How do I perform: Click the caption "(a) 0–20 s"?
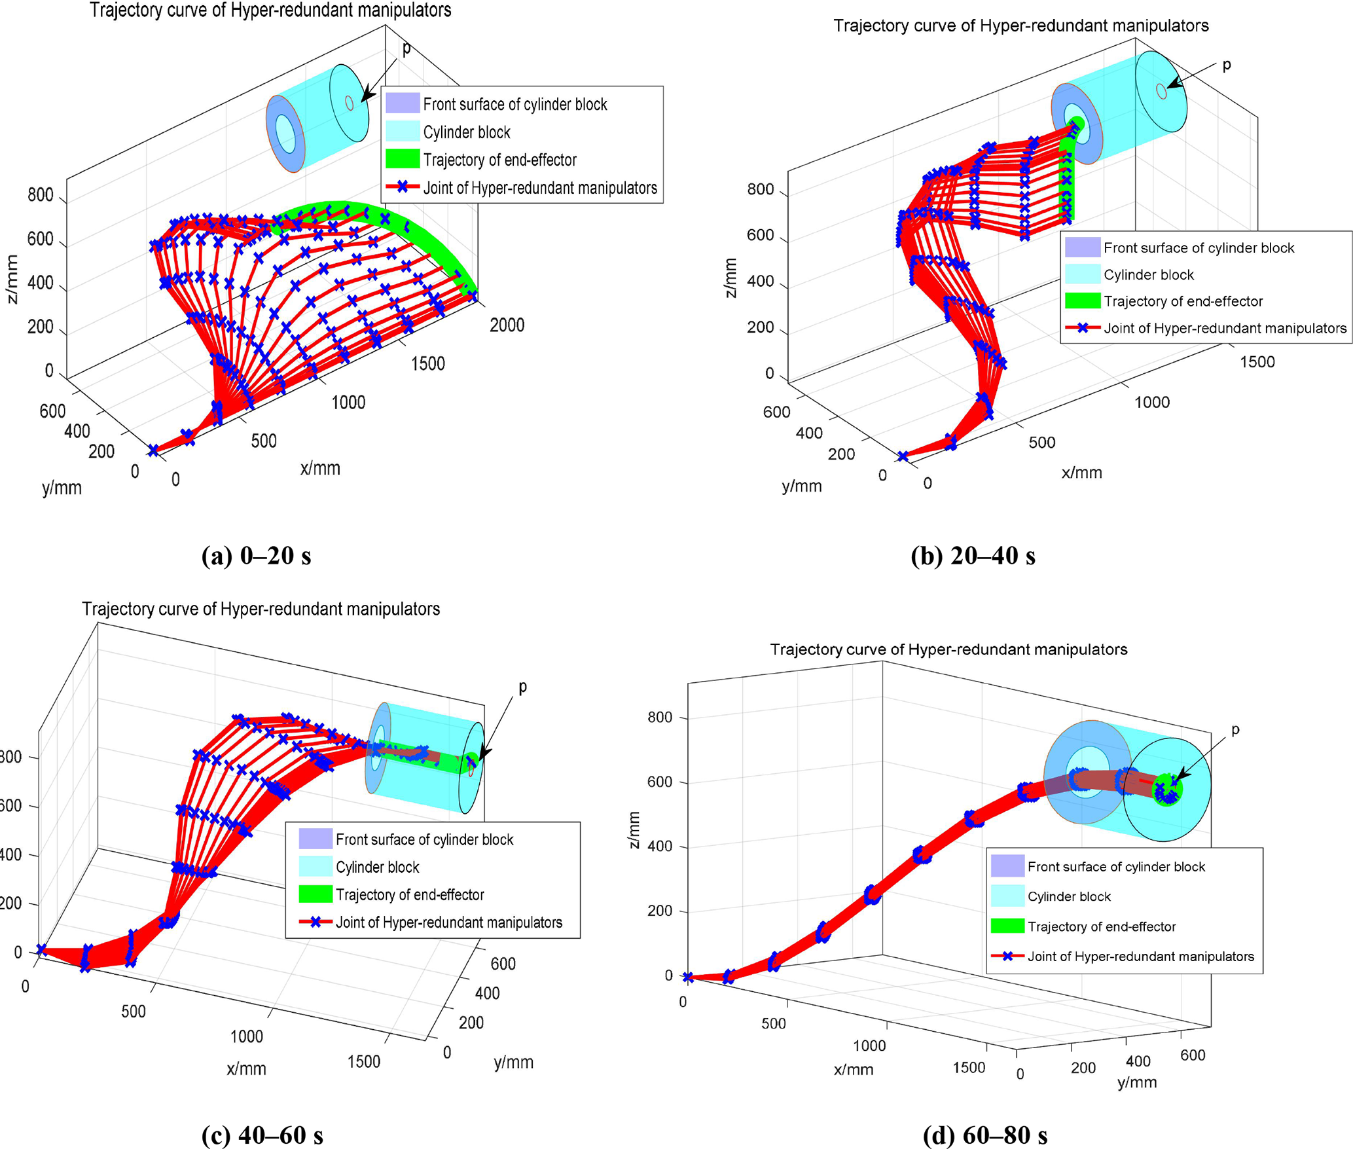pyautogui.click(x=256, y=556)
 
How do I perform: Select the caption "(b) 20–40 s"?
pyautogui.click(x=973, y=556)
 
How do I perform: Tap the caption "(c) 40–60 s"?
pyautogui.click(x=262, y=1135)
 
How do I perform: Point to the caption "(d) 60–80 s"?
pyautogui.click(x=984, y=1135)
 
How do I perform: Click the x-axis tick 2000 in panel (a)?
pyautogui.click(x=507, y=325)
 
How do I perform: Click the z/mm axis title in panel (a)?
pyautogui.click(x=12, y=280)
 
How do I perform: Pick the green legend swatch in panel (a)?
pyautogui.click(x=402, y=159)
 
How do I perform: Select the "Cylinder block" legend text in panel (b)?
pyautogui.click(x=1148, y=275)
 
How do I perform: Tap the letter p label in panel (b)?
pyautogui.click(x=1226, y=65)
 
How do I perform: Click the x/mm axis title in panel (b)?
pyautogui.click(x=1081, y=473)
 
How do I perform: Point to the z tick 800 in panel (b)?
pyautogui.click(x=760, y=190)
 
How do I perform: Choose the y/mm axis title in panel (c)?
pyautogui.click(x=513, y=1062)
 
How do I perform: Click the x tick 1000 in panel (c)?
pyautogui.click(x=246, y=1036)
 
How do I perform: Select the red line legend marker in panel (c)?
pyautogui.click(x=316, y=922)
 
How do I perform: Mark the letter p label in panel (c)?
pyautogui.click(x=522, y=687)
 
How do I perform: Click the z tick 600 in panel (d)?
pyautogui.click(x=659, y=782)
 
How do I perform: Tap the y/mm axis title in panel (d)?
pyautogui.click(x=1136, y=1082)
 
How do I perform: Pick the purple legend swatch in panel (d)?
pyautogui.click(x=1007, y=866)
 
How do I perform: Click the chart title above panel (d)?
pyautogui.click(x=948, y=649)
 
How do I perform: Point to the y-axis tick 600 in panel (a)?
pyautogui.click(x=52, y=411)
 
